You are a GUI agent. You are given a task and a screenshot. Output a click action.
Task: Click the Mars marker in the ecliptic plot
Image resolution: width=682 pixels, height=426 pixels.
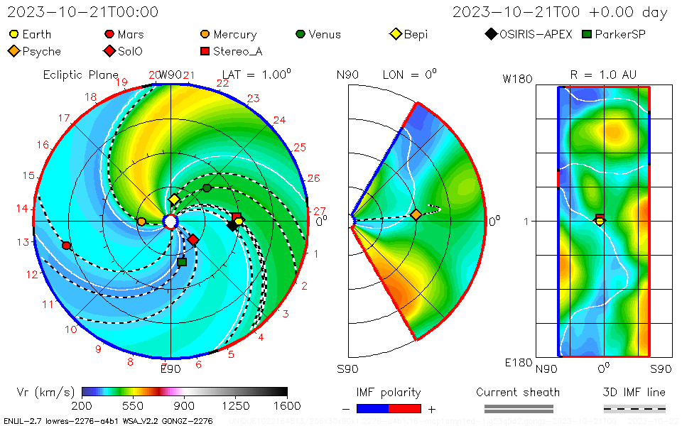(x=66, y=246)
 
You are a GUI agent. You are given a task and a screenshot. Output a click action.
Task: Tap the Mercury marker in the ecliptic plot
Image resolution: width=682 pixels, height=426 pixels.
(x=141, y=222)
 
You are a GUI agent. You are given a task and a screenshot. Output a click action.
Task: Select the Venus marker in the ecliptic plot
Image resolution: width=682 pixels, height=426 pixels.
(x=207, y=187)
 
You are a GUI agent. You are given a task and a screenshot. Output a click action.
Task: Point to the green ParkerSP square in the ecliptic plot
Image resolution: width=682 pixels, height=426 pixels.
(x=182, y=262)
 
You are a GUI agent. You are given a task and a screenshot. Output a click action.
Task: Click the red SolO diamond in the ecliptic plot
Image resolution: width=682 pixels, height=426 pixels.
(x=193, y=239)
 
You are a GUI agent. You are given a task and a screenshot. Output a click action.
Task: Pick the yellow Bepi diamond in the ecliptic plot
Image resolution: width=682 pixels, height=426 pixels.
(x=174, y=200)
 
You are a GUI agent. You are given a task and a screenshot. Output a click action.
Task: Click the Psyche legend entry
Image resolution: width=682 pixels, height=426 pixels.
(x=36, y=51)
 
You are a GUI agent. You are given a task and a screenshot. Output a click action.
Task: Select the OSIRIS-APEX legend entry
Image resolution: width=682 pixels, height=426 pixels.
(x=530, y=34)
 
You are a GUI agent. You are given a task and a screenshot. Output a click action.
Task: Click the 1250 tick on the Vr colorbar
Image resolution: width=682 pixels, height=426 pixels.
(x=236, y=405)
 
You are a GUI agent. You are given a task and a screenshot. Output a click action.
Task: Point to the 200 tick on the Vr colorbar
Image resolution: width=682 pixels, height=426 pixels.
(x=82, y=405)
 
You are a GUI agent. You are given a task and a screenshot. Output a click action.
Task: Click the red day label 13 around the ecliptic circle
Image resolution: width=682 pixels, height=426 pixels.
(x=23, y=242)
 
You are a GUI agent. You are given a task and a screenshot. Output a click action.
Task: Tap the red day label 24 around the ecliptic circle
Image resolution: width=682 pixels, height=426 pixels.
(x=279, y=120)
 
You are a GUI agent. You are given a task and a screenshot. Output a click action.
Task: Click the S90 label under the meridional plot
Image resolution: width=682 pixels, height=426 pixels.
(x=347, y=368)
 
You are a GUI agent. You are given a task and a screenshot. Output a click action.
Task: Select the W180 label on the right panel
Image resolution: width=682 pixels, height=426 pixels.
(x=517, y=79)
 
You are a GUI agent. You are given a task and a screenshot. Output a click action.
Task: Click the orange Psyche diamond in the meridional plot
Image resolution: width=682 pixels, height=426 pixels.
(x=416, y=214)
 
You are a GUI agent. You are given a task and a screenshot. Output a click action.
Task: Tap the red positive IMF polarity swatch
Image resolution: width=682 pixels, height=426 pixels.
(x=405, y=408)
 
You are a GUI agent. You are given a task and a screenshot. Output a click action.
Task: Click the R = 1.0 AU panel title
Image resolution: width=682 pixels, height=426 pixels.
(x=603, y=75)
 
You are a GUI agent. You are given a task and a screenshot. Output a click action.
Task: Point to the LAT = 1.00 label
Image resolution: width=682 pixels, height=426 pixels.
(x=256, y=75)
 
